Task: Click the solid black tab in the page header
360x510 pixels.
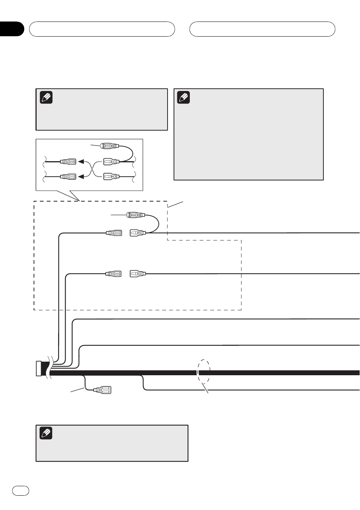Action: (12, 29)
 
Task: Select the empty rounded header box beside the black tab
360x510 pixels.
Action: (102, 29)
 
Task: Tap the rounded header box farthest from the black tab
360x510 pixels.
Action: (262, 29)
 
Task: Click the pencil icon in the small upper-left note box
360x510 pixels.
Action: (46, 97)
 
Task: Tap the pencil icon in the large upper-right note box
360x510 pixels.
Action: (183, 97)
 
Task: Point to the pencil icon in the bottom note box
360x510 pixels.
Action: (46, 433)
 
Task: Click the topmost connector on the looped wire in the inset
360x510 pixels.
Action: (110, 146)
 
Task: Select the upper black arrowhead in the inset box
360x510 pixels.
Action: (81, 162)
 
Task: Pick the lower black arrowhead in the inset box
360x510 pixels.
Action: (81, 176)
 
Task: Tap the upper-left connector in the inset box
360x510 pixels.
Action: (68, 162)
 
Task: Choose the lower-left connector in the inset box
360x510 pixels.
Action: (68, 176)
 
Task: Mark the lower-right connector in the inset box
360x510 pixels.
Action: (111, 176)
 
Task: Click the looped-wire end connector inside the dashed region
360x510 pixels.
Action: (136, 215)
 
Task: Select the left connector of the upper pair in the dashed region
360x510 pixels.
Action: (114, 233)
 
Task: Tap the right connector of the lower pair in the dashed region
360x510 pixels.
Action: (138, 274)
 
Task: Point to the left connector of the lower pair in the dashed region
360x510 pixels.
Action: (113, 274)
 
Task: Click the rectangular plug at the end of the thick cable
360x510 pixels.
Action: (38, 368)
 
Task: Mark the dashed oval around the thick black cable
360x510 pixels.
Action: (204, 371)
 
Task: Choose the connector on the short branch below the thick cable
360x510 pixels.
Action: (102, 390)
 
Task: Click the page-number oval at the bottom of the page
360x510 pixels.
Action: (20, 490)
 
